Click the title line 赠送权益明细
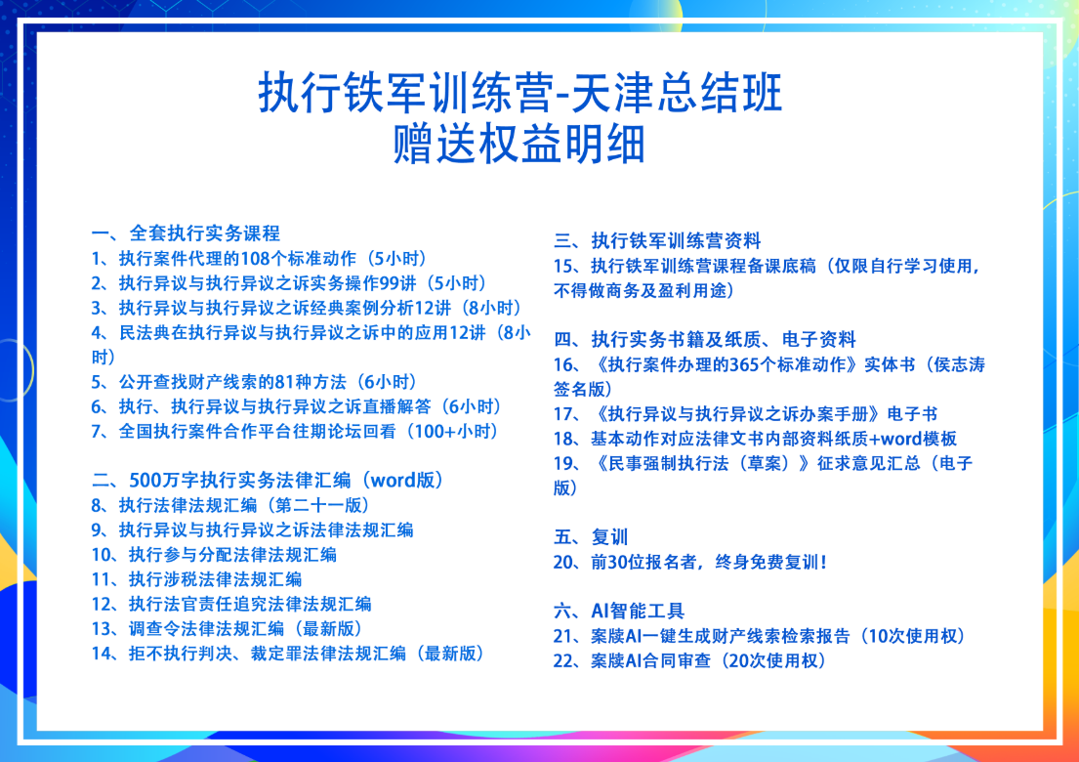click(x=519, y=144)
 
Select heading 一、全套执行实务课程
click(x=186, y=233)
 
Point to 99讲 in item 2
click(x=398, y=283)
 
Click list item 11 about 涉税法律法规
click(x=197, y=579)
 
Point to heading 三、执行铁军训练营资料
click(x=657, y=240)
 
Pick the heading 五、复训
click(x=591, y=537)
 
